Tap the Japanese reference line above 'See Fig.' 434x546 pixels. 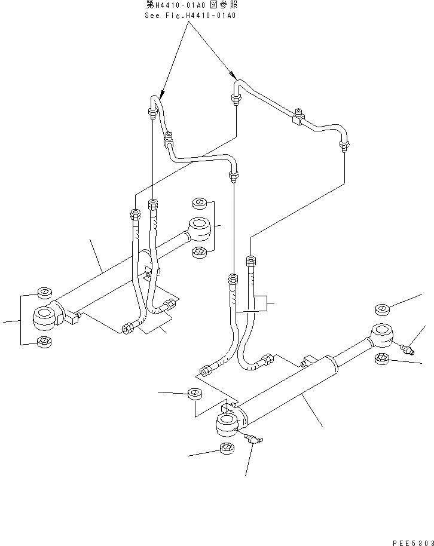(x=190, y=5)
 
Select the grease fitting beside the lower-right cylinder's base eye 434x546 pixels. (x=255, y=440)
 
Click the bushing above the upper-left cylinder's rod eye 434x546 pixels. (x=200, y=204)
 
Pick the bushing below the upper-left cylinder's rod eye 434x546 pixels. (x=200, y=253)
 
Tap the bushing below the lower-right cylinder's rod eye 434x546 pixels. (x=383, y=358)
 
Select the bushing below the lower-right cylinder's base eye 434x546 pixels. (x=227, y=449)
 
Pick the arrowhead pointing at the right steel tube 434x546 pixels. (x=233, y=76)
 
